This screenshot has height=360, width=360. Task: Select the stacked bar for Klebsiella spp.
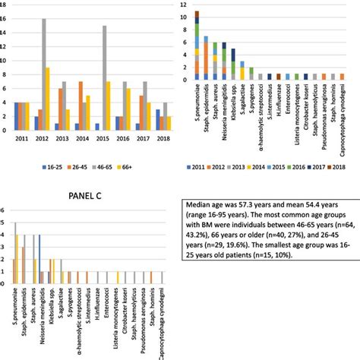(232, 64)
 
